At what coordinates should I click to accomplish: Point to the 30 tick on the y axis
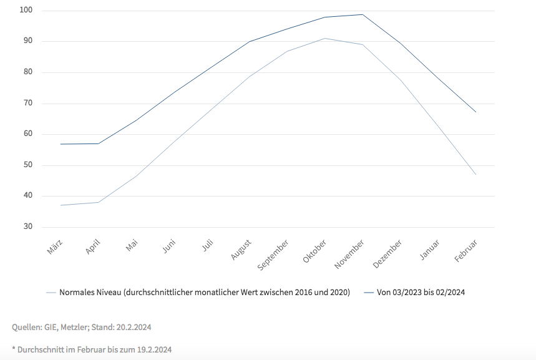point(27,226)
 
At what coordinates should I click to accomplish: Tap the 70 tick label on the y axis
point(27,103)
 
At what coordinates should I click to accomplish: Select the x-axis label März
point(56,247)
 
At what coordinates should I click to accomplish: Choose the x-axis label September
point(274,255)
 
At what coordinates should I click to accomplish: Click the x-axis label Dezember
point(388,253)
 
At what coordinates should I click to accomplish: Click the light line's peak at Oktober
point(324,39)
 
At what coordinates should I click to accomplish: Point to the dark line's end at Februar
point(476,112)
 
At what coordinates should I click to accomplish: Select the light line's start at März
point(61,205)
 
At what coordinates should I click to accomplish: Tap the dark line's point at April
point(99,144)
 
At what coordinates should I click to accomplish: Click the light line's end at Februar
point(476,175)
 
